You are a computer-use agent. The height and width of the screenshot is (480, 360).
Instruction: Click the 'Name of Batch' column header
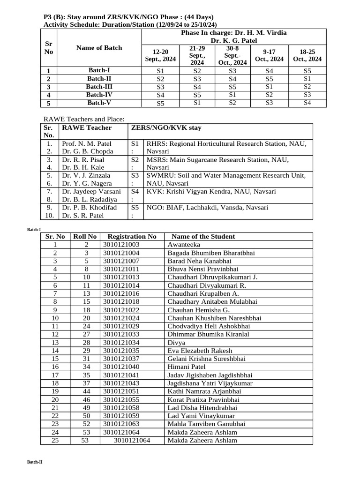(99, 48)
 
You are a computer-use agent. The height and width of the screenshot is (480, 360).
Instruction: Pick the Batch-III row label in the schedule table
(99, 87)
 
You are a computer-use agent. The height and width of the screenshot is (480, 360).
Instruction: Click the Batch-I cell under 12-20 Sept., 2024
(160, 71)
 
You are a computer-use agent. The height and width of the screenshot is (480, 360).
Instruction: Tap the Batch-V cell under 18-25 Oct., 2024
(307, 103)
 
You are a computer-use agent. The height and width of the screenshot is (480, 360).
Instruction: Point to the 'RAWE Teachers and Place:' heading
(84, 120)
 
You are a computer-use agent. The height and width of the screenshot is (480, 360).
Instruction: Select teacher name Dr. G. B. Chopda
(87, 151)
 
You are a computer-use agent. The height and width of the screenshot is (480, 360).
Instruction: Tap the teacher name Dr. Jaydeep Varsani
(91, 191)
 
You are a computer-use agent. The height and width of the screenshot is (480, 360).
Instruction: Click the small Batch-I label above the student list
(34, 229)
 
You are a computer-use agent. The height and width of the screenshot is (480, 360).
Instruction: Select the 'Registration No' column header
(132, 237)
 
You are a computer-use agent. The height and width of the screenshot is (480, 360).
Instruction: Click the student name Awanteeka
(184, 245)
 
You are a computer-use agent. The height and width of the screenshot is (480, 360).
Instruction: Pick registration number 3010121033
(121, 334)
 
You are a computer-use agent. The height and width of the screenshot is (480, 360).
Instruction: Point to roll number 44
(86, 391)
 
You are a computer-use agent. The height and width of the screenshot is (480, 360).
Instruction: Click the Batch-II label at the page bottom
(35, 462)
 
